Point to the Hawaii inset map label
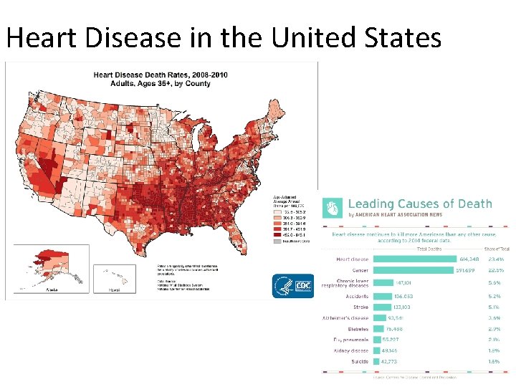click(114, 290)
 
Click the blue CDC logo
click(292, 286)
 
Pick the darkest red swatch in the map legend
click(275, 233)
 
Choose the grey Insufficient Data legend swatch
click(275, 242)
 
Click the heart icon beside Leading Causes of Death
click(333, 209)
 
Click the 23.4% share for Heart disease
click(494, 259)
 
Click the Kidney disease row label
click(351, 350)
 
